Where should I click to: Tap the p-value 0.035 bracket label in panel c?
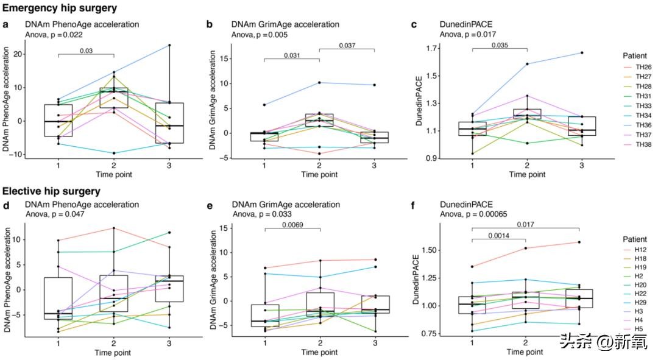tap(499, 45)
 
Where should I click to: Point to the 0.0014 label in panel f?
tap(499, 235)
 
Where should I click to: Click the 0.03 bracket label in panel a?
tap(86, 51)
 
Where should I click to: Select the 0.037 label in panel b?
tap(347, 45)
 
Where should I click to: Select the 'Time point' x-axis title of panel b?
tap(319, 175)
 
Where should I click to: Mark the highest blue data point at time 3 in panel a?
tap(169, 45)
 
